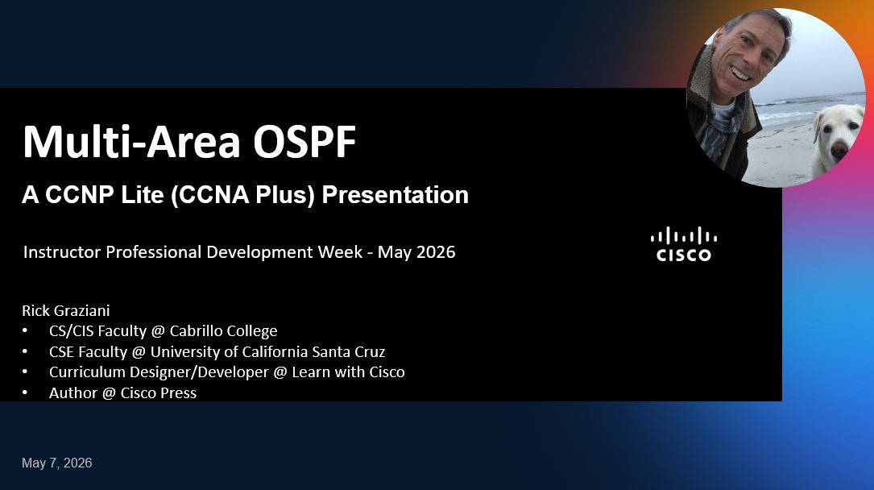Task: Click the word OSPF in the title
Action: pyautogui.click(x=304, y=142)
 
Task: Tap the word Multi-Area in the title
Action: pyautogui.click(x=131, y=142)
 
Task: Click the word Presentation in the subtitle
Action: pyautogui.click(x=396, y=194)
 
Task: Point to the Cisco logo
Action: pyautogui.click(x=683, y=243)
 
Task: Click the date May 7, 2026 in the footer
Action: pyautogui.click(x=57, y=463)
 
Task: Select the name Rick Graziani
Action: pyautogui.click(x=66, y=310)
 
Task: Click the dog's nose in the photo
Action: pyautogui.click(x=839, y=149)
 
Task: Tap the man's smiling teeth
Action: pyautogui.click(x=741, y=73)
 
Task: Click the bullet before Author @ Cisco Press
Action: pyautogui.click(x=24, y=392)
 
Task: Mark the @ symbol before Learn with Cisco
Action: pyautogui.click(x=280, y=372)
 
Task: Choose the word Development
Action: pyautogui.click(x=284, y=252)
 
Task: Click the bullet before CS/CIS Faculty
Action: pyautogui.click(x=24, y=330)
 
